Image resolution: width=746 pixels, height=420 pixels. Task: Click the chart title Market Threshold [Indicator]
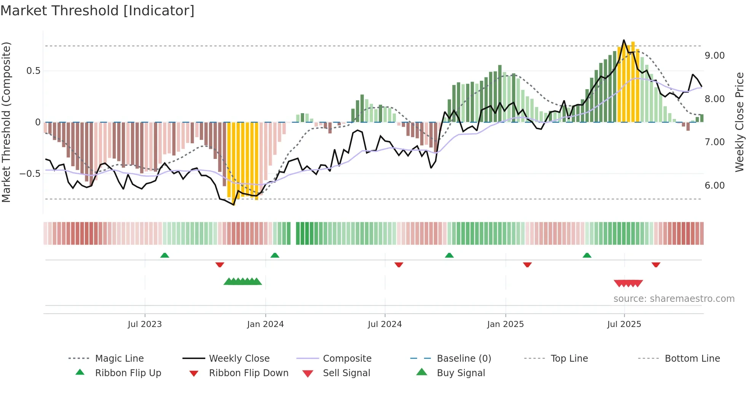(97, 11)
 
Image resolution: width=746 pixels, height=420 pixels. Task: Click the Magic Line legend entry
(119, 358)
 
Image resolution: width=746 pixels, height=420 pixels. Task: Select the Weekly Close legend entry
(239, 358)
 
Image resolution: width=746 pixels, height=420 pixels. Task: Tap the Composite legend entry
(347, 358)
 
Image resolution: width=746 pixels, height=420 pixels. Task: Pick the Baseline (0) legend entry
(464, 358)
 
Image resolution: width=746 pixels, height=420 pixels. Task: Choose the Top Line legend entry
(569, 358)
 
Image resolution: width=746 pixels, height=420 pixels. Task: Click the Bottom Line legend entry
(692, 358)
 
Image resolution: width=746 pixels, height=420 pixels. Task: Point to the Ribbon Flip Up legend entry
(128, 373)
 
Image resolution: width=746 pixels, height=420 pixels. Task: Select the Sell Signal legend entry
(346, 373)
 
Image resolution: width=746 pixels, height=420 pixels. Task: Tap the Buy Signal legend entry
(461, 373)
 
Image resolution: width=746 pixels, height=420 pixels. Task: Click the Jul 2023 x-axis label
(145, 324)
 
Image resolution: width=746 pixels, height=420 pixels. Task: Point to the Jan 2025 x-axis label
(505, 324)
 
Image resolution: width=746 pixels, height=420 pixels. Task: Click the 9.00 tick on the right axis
(714, 56)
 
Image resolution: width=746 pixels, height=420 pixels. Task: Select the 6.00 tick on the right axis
(714, 186)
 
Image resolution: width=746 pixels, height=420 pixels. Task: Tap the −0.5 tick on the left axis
(30, 174)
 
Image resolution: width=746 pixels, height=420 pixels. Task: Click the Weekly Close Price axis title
(739, 122)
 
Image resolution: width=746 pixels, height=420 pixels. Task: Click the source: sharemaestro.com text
(674, 299)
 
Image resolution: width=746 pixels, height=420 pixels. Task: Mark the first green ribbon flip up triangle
(164, 255)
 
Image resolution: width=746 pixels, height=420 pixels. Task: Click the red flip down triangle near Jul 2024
(399, 265)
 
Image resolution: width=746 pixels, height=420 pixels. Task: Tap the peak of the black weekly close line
(624, 40)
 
